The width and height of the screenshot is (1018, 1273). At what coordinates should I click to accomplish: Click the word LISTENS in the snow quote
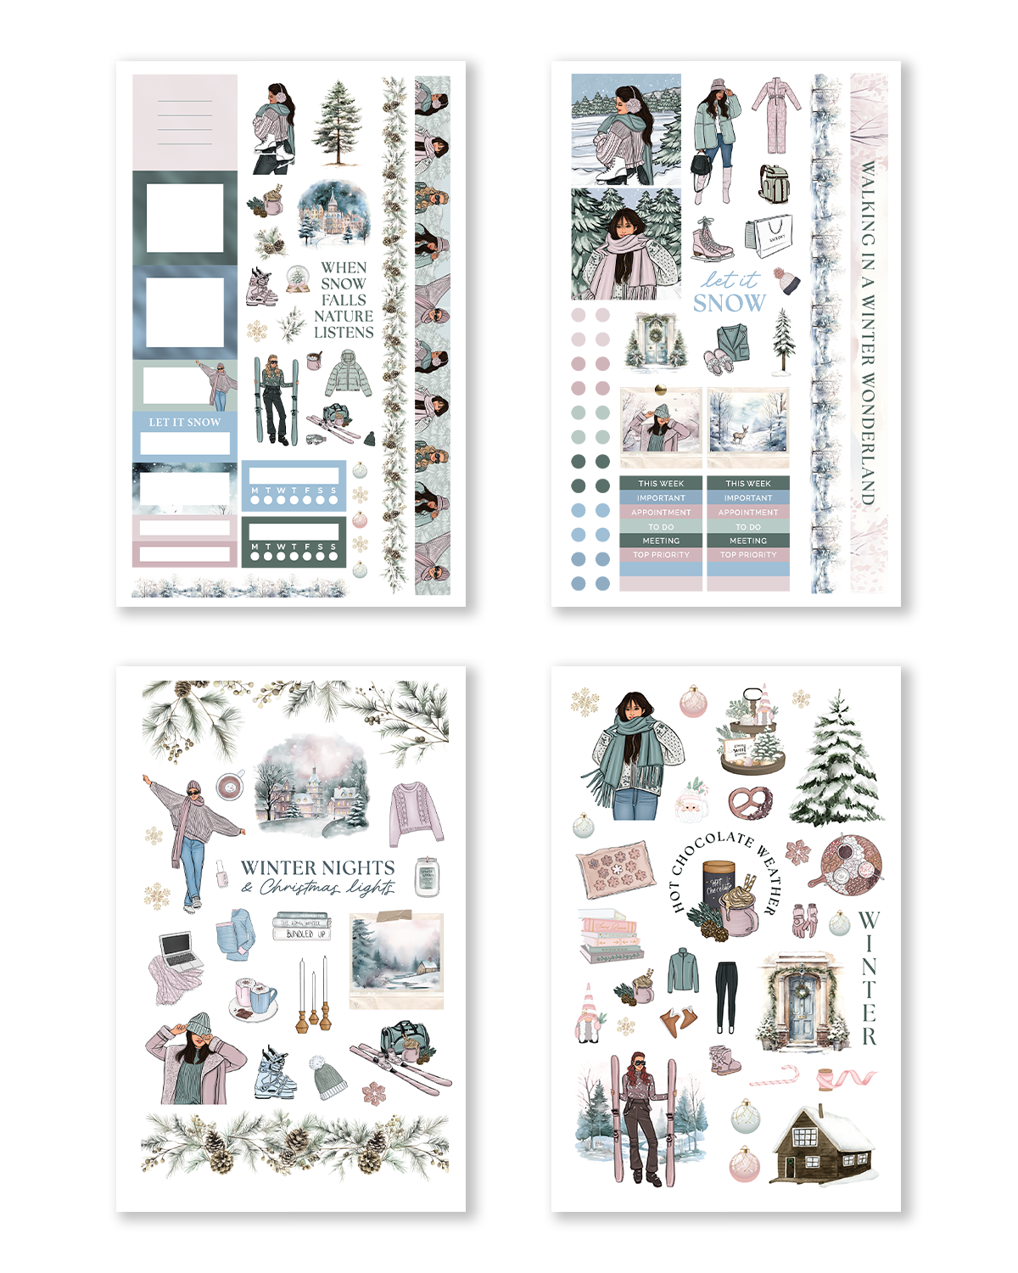coord(344,333)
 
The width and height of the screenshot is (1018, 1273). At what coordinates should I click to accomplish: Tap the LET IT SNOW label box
coord(184,422)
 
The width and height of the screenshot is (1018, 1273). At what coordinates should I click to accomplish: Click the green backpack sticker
coord(773,183)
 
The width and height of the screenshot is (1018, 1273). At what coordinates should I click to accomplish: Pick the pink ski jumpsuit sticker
coord(775,115)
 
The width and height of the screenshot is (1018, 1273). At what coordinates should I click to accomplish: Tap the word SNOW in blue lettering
coord(729,303)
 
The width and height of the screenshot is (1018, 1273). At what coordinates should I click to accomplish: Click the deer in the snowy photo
coord(740,435)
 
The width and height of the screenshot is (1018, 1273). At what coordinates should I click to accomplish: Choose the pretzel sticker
coord(751,802)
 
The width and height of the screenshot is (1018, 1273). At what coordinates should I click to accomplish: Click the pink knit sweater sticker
coord(415,813)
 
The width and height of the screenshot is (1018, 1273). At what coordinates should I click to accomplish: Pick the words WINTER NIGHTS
coord(317,867)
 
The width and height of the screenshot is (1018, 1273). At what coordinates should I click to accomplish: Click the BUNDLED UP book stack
coord(302,927)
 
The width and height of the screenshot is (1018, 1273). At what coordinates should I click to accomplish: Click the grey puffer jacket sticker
coord(348,373)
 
